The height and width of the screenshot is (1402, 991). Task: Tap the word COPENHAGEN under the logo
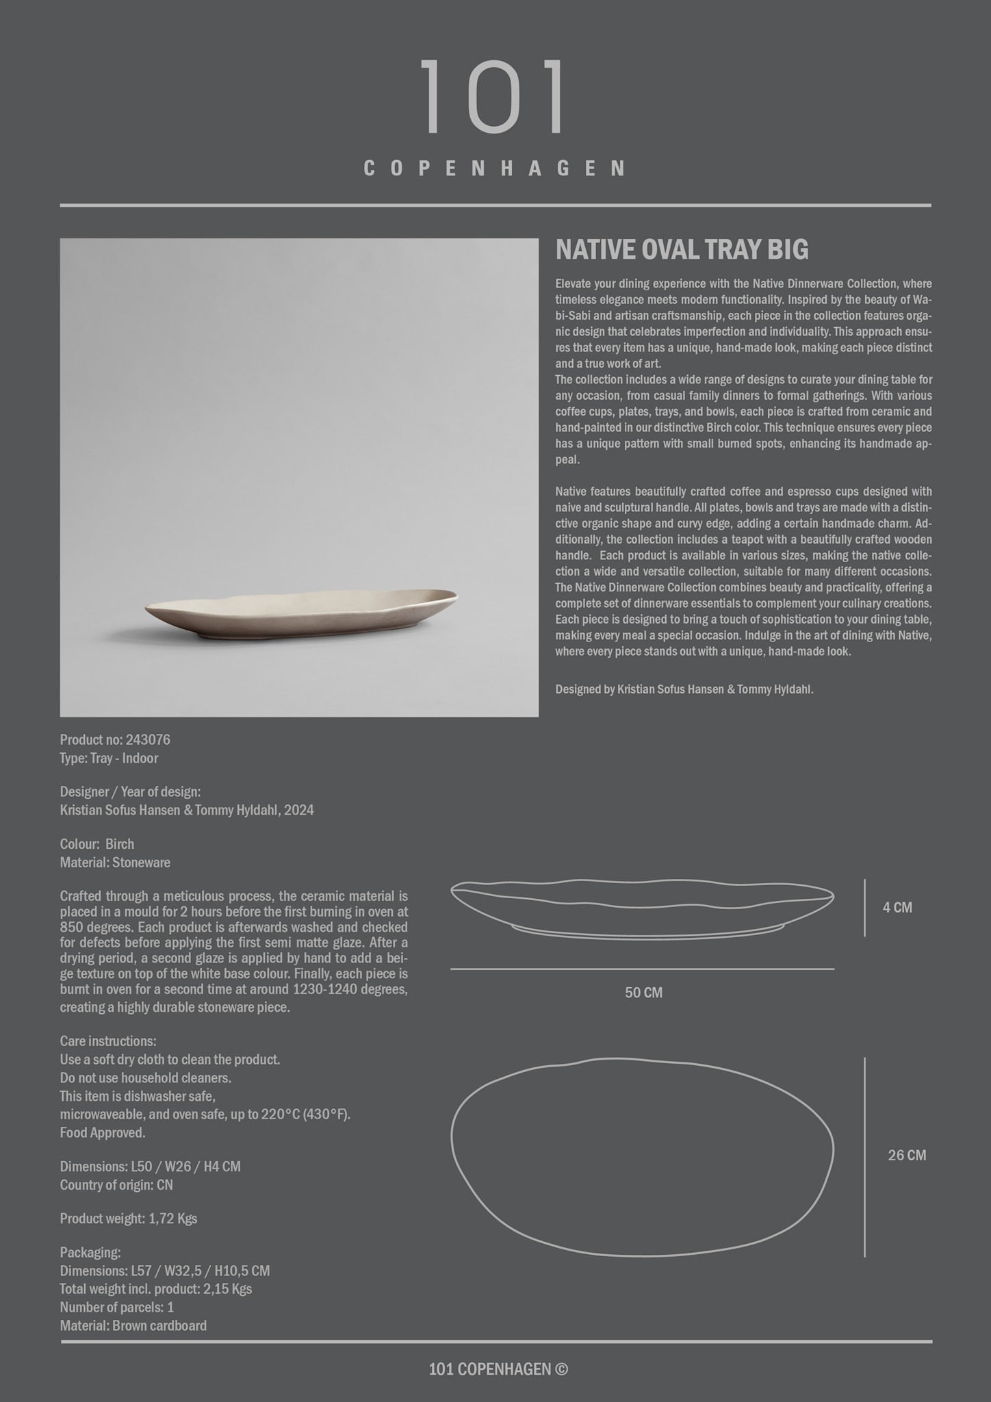[x=494, y=168]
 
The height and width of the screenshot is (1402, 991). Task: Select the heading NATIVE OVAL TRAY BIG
[x=682, y=250]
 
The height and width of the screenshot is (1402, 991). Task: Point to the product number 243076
[x=148, y=739]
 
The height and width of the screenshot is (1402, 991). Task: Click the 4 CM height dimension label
[x=897, y=908]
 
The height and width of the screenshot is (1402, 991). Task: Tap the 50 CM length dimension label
[x=643, y=993]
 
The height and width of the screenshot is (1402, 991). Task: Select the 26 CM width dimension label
[x=907, y=1156]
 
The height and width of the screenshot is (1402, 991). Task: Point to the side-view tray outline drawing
[x=642, y=907]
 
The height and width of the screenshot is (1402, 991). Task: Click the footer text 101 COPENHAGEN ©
[x=498, y=1368]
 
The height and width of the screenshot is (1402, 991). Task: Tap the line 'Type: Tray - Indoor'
[x=109, y=758]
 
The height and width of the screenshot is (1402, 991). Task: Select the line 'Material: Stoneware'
[x=115, y=863]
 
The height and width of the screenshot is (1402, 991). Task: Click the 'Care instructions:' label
[x=108, y=1041]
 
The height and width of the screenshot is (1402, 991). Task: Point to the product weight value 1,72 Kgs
[x=172, y=1219]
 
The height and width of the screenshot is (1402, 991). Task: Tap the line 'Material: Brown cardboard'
[x=133, y=1325]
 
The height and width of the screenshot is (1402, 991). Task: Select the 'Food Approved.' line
[x=103, y=1132]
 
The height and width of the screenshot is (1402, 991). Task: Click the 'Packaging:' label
[x=90, y=1252]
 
